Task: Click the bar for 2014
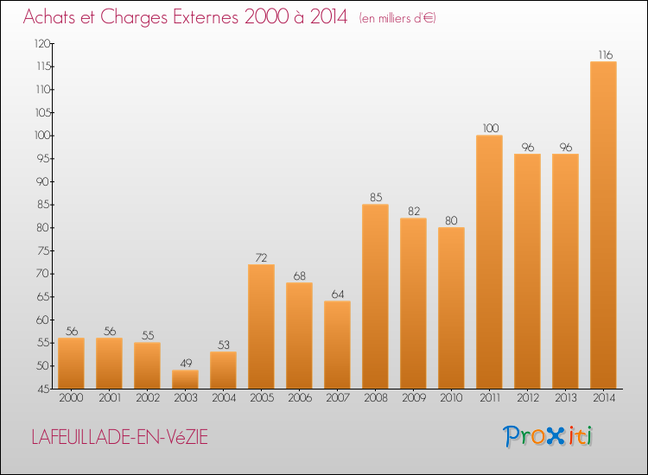point(603,225)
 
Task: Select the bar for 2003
point(185,379)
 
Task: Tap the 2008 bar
point(375,296)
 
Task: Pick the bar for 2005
point(261,326)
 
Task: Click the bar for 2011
point(489,262)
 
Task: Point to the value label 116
point(606,55)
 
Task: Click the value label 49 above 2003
point(186,363)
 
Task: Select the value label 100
point(491,128)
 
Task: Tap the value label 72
point(261,257)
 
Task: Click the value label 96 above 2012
point(528,147)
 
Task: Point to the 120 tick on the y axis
point(42,44)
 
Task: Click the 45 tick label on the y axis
point(44,389)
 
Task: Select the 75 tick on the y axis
point(44,251)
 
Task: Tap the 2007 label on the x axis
point(338,398)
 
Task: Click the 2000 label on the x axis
point(71,398)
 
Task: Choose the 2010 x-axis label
point(451,398)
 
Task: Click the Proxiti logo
point(548,436)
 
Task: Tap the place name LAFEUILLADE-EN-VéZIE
point(120,437)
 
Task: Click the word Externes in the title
point(206,17)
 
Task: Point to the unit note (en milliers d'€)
point(397,18)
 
